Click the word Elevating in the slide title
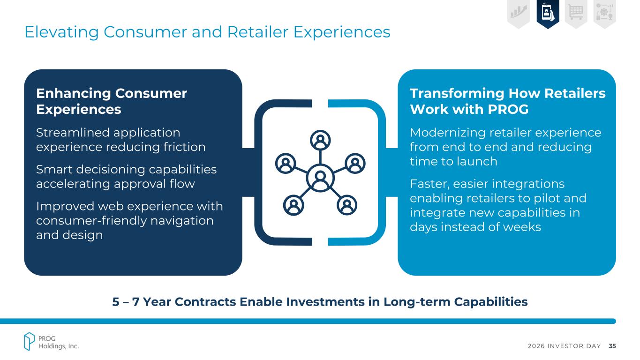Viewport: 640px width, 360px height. pos(62,32)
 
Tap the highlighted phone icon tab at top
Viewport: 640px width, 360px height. pos(548,14)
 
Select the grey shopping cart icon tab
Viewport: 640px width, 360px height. pos(576,14)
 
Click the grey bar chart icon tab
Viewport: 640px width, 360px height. pos(519,14)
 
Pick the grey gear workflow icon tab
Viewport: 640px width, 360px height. pos(604,14)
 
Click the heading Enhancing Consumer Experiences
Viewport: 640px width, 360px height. pos(112,101)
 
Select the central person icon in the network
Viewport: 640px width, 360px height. pos(320,178)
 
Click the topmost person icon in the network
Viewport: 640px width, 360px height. pos(320,140)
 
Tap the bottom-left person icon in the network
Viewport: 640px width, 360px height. pos(294,205)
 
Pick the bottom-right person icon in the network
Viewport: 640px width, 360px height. pos(347,205)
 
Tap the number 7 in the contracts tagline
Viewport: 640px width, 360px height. pos(136,302)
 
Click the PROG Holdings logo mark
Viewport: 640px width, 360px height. pos(29,341)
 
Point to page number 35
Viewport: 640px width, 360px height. pos(612,346)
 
